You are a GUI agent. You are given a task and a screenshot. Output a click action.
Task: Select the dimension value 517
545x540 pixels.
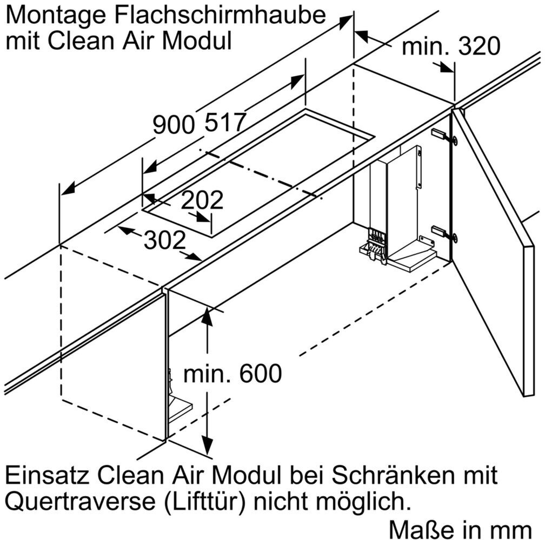click(x=225, y=124)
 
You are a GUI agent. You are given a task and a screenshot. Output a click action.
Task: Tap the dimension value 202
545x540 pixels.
click(x=202, y=200)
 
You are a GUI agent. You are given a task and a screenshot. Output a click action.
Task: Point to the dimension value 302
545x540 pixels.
click(x=165, y=240)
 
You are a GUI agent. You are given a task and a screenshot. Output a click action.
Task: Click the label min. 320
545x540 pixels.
click(x=451, y=48)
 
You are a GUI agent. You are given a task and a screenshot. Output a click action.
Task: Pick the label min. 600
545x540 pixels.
click(x=232, y=373)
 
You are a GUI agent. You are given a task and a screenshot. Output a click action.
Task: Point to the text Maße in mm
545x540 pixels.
click(x=465, y=528)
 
